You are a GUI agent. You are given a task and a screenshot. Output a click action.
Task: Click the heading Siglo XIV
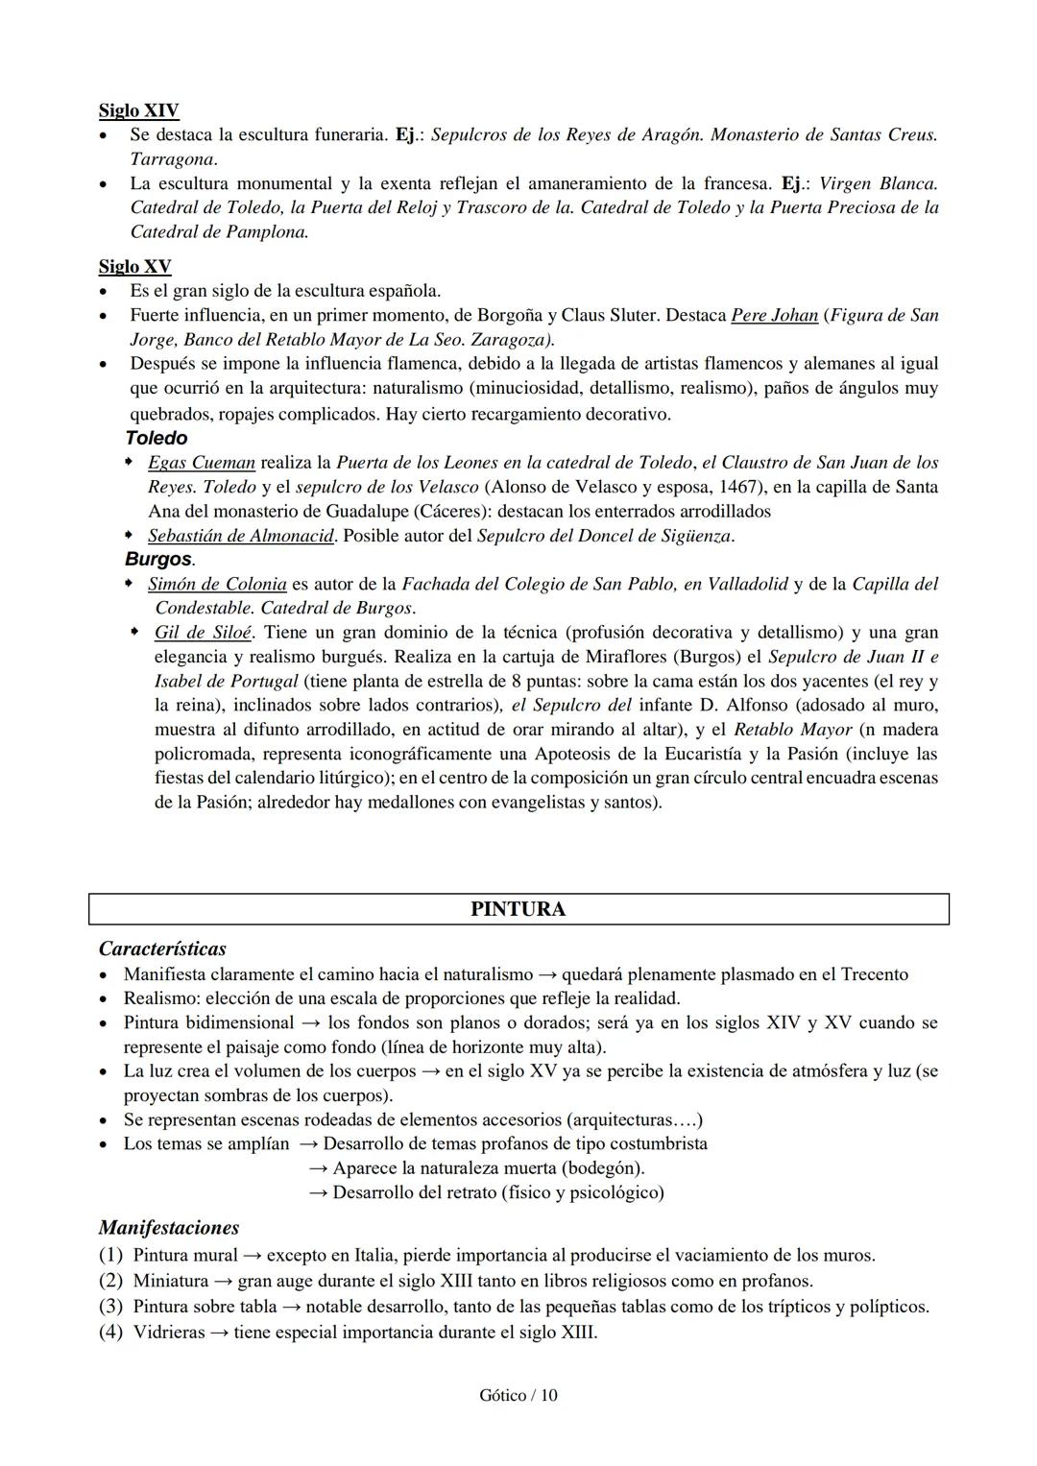[x=138, y=110]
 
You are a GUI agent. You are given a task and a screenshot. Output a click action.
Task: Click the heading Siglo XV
[x=134, y=266]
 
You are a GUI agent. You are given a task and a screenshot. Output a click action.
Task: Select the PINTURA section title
[x=518, y=909]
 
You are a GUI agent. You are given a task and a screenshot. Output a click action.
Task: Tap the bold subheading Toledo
[x=157, y=438]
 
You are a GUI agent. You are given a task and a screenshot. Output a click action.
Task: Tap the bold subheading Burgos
[x=158, y=559]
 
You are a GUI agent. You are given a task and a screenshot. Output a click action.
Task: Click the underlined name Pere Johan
[x=774, y=315]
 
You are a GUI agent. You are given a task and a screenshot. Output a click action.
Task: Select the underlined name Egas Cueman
[x=201, y=462]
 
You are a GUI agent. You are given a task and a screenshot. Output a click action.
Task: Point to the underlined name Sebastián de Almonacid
[x=240, y=536]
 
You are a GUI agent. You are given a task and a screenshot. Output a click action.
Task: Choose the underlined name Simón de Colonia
[x=217, y=584]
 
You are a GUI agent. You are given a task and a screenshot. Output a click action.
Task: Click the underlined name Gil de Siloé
[x=203, y=632]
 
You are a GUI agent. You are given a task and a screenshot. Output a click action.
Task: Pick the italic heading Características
[x=162, y=949]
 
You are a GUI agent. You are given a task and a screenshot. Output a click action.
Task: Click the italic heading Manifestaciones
[x=168, y=1227]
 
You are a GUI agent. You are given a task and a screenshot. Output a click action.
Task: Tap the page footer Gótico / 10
[x=518, y=1395]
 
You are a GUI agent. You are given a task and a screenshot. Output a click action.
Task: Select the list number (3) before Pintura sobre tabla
[x=111, y=1307]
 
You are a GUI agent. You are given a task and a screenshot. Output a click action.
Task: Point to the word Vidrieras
[x=169, y=1333]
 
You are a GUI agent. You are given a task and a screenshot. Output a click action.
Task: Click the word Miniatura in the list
[x=170, y=1281]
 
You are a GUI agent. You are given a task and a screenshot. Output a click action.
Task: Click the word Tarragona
[x=173, y=158]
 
